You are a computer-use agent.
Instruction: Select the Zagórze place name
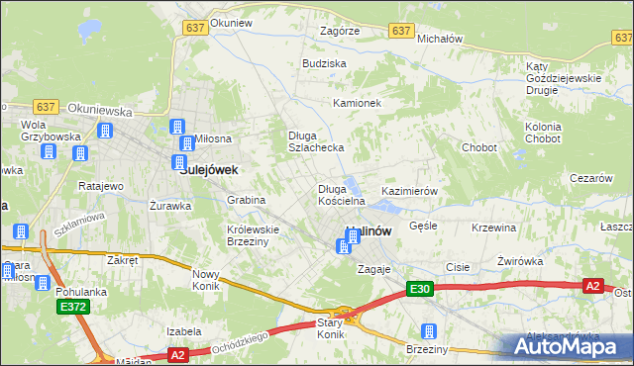340,31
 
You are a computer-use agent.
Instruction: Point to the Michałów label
441,38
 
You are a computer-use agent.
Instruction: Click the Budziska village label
324,62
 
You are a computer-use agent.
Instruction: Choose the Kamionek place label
357,103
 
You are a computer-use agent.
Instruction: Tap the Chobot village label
478,147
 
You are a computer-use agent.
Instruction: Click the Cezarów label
589,178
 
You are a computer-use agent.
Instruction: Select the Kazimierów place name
409,190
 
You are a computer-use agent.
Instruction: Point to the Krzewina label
494,228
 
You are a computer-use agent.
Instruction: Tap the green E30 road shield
419,289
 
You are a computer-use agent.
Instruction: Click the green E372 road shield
72,308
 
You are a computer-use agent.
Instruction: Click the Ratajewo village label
101,186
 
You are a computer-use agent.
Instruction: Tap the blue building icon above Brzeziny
429,331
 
